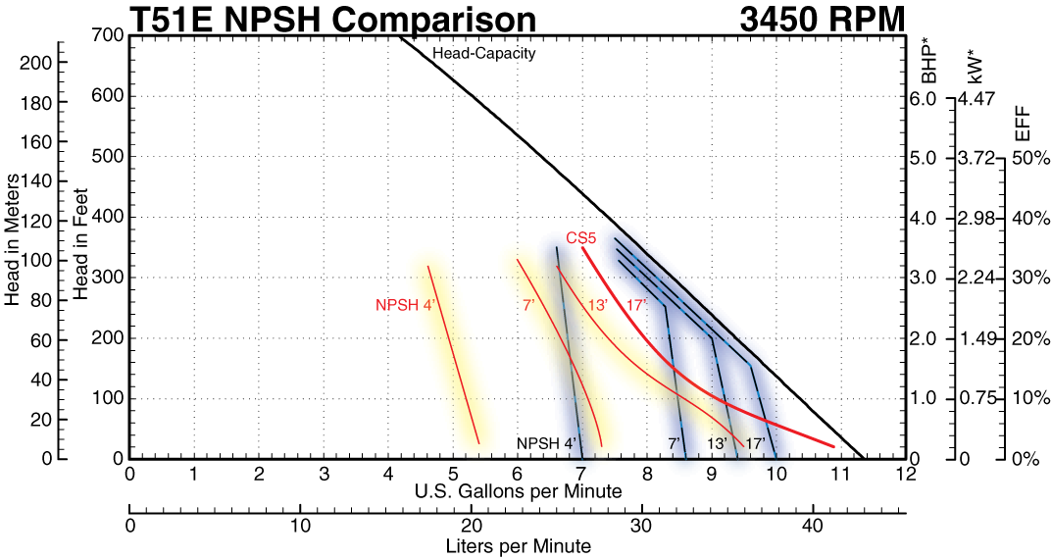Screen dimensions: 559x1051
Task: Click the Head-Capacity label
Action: point(484,54)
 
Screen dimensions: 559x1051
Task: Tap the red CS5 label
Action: point(581,238)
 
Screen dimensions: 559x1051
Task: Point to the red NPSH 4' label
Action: point(405,305)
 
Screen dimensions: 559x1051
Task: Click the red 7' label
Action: point(527,305)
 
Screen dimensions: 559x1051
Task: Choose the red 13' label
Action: point(597,305)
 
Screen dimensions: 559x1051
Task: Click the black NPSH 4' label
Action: point(546,443)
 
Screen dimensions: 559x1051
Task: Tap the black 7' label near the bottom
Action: point(675,443)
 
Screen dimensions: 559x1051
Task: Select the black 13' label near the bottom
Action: point(717,443)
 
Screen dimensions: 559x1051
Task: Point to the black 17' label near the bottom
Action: point(755,443)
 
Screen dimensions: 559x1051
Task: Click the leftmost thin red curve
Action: point(453,353)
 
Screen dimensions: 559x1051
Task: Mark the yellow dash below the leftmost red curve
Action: point(477,461)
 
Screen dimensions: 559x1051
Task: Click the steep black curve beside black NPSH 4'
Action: point(568,353)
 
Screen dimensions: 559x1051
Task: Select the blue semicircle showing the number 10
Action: point(777,469)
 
